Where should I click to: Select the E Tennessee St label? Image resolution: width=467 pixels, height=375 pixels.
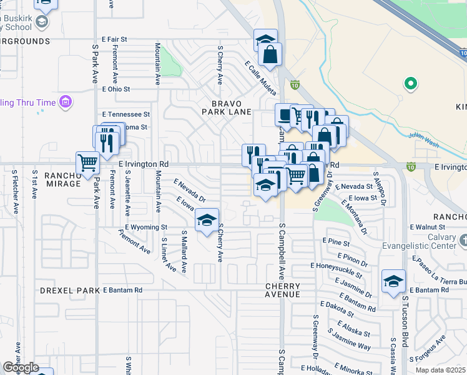[125, 114]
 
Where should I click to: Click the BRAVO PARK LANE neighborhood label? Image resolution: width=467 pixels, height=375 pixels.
[226, 107]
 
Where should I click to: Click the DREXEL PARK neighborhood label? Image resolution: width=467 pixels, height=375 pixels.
[70, 291]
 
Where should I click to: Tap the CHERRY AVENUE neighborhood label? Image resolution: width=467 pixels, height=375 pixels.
[282, 290]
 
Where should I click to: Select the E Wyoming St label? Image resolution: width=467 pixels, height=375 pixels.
[146, 227]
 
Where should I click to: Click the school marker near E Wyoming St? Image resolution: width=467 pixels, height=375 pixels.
[207, 220]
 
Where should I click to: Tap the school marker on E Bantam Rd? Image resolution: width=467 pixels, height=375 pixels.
[393, 282]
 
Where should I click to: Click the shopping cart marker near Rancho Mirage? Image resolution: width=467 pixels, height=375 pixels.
[88, 163]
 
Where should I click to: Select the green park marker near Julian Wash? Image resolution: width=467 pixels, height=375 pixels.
[410, 83]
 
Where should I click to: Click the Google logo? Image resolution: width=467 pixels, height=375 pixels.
[21, 368]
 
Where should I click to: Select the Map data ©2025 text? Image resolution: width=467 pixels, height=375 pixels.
[441, 370]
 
